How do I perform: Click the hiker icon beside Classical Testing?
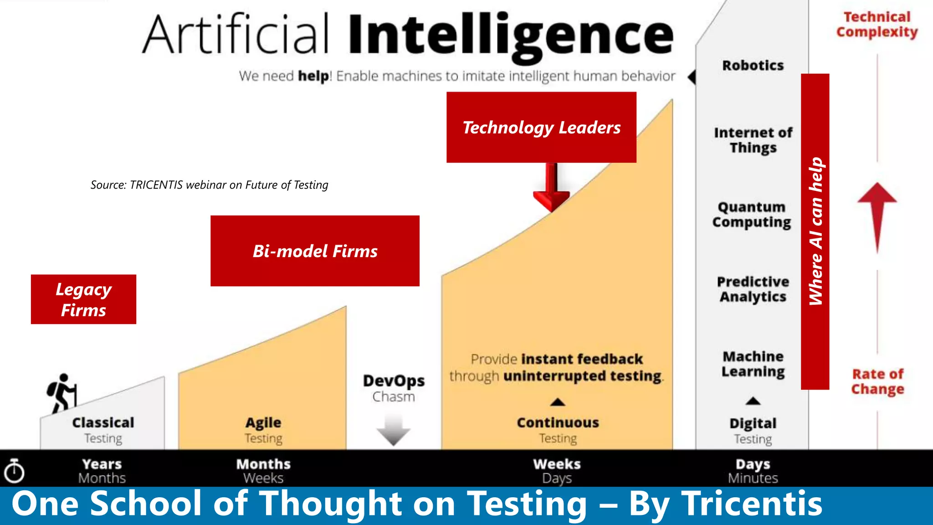[x=62, y=393]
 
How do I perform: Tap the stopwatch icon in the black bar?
[x=14, y=471]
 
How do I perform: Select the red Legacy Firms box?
[x=83, y=299]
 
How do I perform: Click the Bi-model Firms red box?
[x=315, y=251]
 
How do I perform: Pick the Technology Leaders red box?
[x=541, y=128]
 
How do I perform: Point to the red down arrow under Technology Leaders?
[x=551, y=188]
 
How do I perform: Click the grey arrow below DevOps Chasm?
[x=394, y=430]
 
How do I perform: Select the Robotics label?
[x=753, y=66]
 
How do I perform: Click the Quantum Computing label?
[x=752, y=215]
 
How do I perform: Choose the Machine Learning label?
[x=753, y=364]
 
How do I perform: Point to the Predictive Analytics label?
[x=753, y=289]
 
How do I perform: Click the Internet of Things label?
[x=753, y=140]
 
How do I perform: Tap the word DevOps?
[x=394, y=381]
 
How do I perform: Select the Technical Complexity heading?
[x=877, y=25]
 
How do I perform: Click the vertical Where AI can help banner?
[x=815, y=232]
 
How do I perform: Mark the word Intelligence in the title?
[x=511, y=36]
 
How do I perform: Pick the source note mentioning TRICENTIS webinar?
[x=209, y=185]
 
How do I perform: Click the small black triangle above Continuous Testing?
[x=558, y=402]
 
